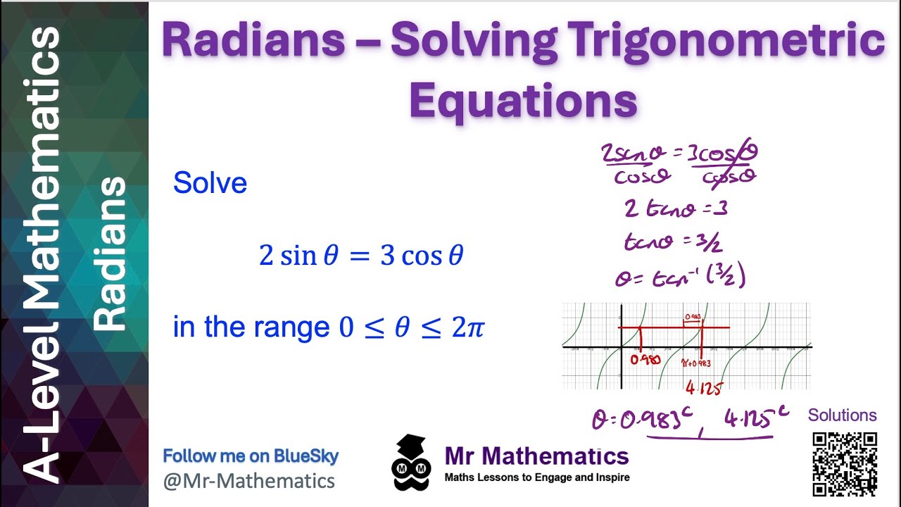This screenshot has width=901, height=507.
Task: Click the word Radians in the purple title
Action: [253, 42]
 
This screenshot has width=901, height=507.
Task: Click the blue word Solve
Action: [210, 183]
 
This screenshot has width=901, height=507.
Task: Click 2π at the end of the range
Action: [466, 327]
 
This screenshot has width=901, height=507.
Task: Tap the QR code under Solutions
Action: [845, 464]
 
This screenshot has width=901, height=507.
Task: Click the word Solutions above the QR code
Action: [842, 415]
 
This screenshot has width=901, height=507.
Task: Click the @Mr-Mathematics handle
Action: [249, 481]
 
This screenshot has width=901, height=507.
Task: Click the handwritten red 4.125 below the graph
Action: [703, 387]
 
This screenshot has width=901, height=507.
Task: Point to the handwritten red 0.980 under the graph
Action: [645, 360]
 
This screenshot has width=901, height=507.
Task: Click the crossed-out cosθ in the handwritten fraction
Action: [728, 176]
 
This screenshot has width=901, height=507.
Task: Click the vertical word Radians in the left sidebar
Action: [110, 254]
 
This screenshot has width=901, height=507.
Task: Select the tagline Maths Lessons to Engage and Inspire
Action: [536, 477]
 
